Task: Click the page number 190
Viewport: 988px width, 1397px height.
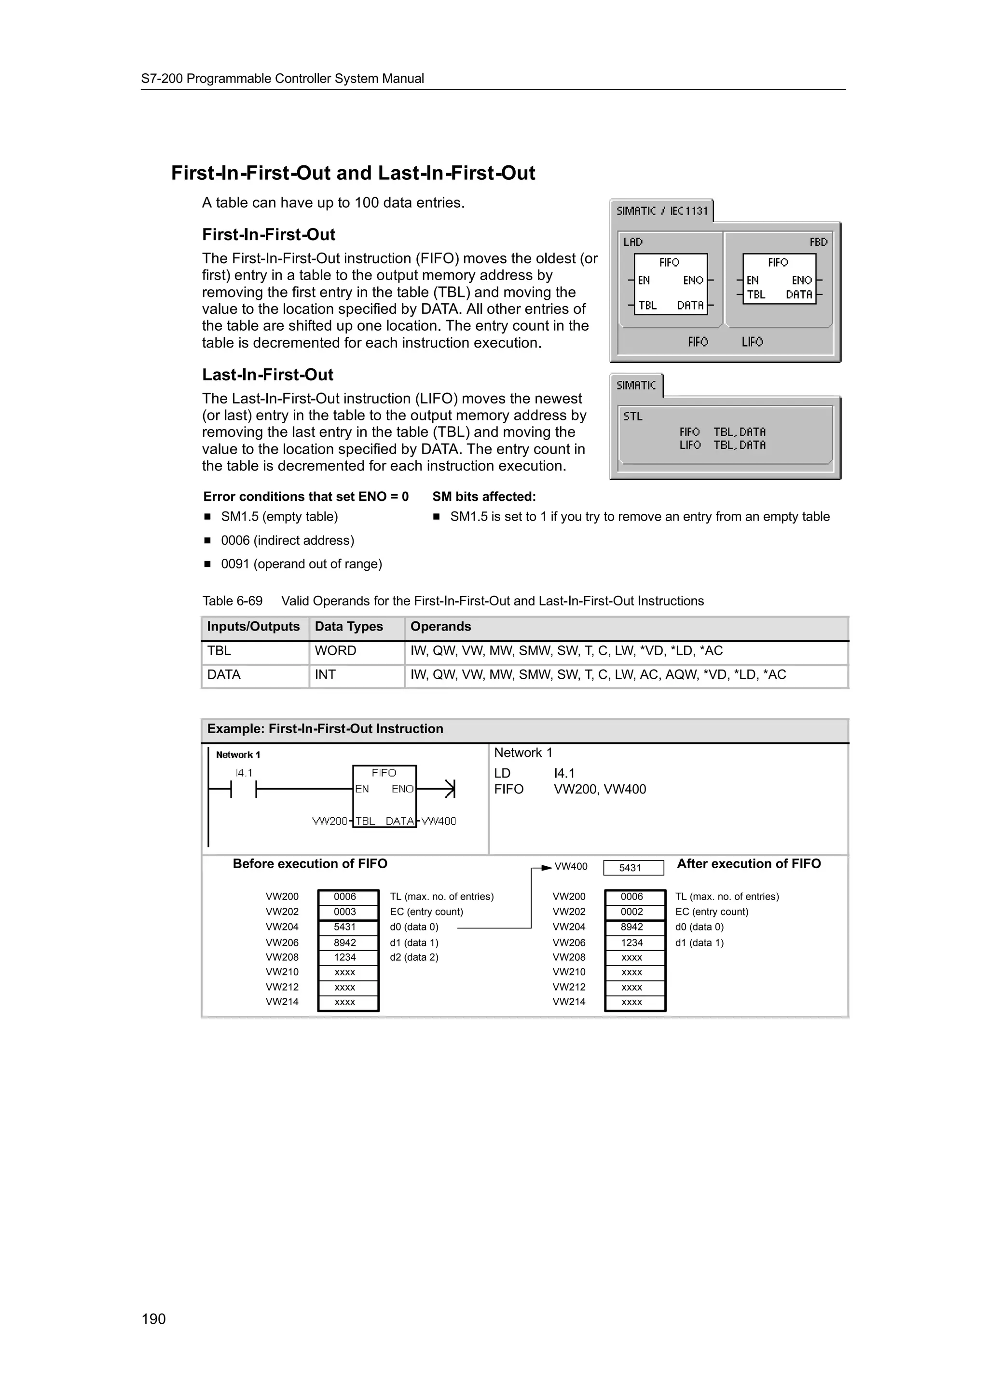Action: pyautogui.click(x=153, y=1318)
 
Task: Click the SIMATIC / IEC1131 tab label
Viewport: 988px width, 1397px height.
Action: pyautogui.click(x=662, y=211)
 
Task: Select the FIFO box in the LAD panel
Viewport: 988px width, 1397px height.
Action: pyautogui.click(x=670, y=284)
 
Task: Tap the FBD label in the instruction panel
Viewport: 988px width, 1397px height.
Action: pyautogui.click(x=818, y=242)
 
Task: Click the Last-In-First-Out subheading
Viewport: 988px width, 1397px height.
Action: pyautogui.click(x=268, y=375)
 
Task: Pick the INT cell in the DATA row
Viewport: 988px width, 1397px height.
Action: pyautogui.click(x=325, y=675)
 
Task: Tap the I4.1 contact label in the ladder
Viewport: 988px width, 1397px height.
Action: pyautogui.click(x=244, y=773)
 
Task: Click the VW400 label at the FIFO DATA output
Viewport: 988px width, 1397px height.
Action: pyautogui.click(x=439, y=821)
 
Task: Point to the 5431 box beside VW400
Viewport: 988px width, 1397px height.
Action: pyautogui.click(x=633, y=868)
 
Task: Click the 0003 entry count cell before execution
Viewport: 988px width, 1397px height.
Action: pyautogui.click(x=345, y=912)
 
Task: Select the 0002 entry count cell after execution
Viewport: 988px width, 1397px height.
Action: pyautogui.click(x=632, y=912)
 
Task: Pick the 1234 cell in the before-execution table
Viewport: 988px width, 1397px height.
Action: pyautogui.click(x=345, y=957)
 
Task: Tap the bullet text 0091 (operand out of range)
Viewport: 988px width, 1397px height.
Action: pyautogui.click(x=302, y=564)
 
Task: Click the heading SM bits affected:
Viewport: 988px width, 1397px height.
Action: pyautogui.click(x=484, y=497)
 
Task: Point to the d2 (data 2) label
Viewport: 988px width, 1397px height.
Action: pyautogui.click(x=414, y=957)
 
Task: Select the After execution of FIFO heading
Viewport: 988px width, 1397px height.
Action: pyautogui.click(x=749, y=864)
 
